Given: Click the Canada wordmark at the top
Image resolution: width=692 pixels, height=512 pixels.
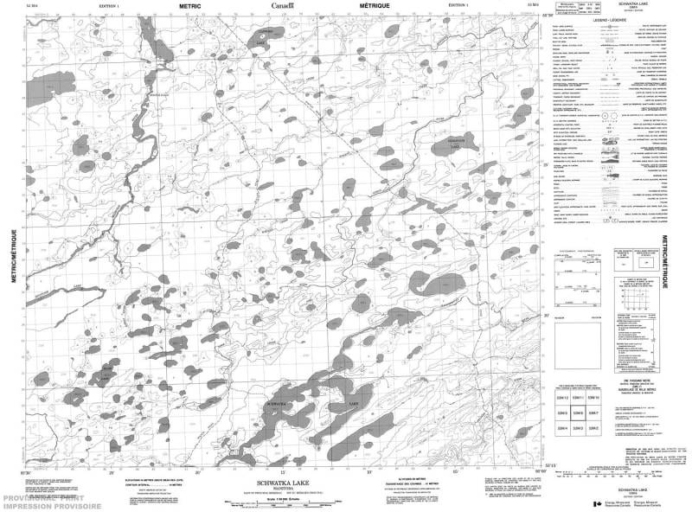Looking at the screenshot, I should tap(282, 6).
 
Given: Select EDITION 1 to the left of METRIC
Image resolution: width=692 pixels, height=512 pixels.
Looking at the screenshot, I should tap(110, 6).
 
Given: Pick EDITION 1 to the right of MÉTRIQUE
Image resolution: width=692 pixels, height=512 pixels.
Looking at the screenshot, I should tap(452, 6).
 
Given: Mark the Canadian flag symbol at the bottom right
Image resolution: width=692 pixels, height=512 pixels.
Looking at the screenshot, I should tap(596, 503).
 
